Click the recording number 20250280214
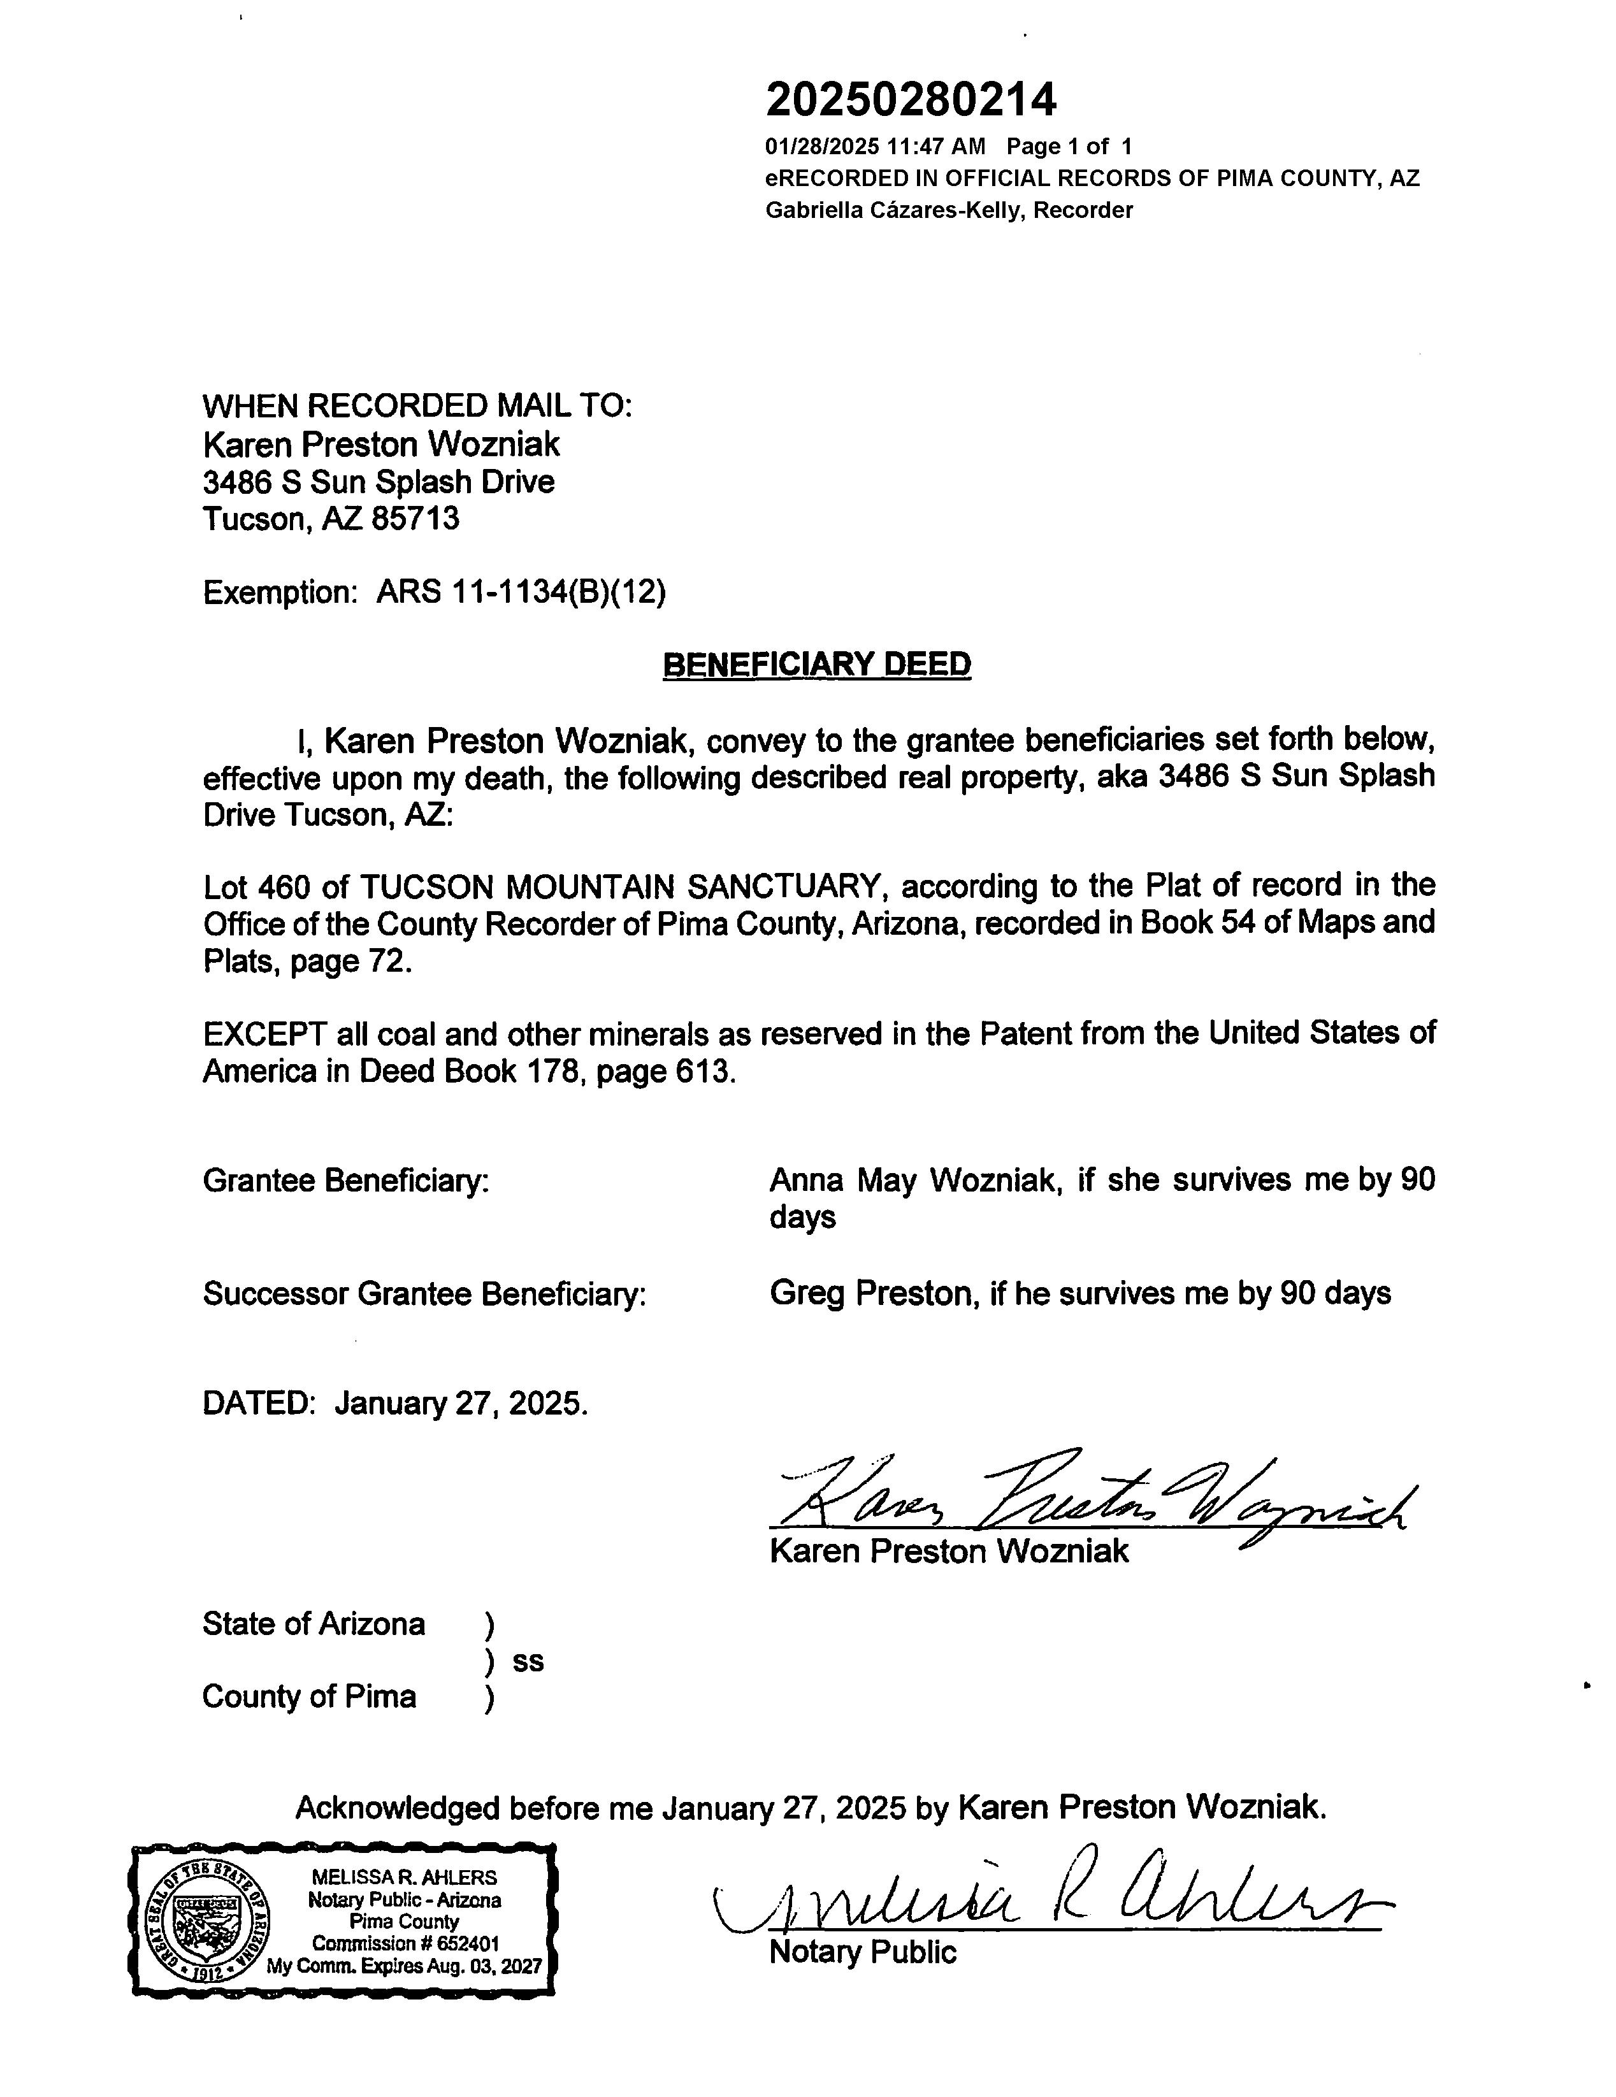point(910,99)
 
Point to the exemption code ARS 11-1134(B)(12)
point(521,593)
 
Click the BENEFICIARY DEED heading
point(816,665)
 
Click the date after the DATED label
point(461,1404)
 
